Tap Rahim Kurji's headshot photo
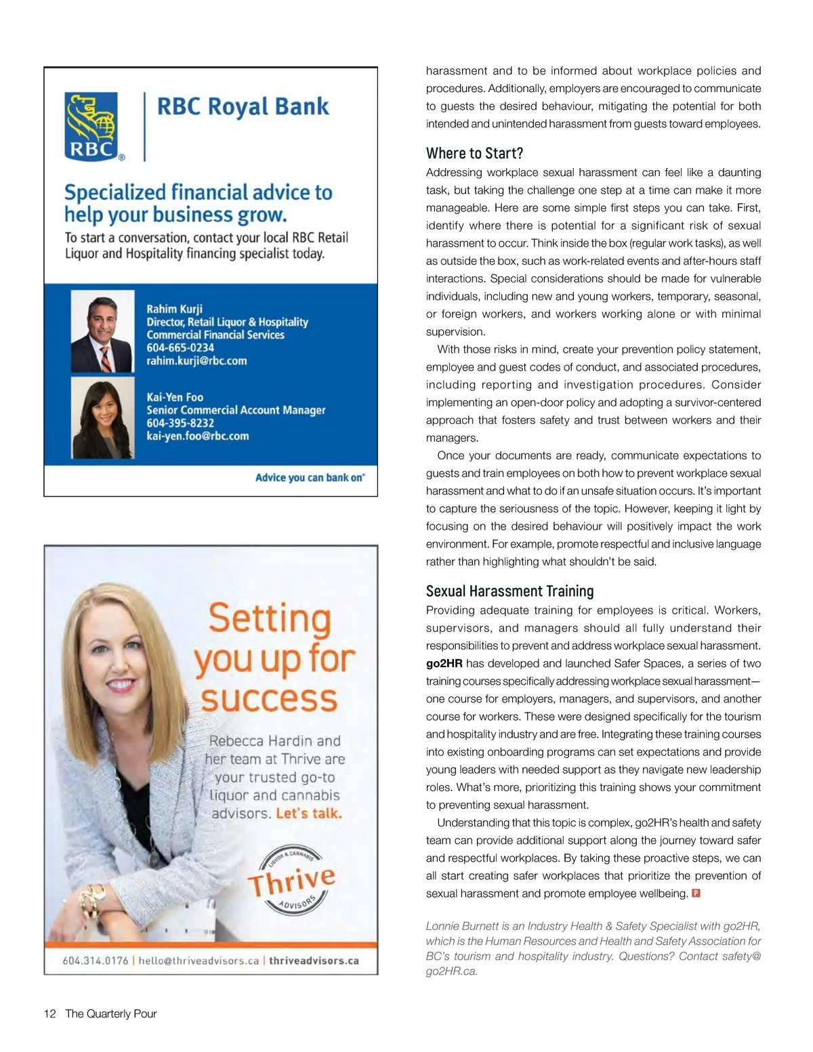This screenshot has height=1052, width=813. coord(103,332)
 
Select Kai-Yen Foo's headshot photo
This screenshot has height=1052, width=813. coord(103,418)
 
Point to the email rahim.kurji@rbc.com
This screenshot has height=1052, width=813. coord(196,360)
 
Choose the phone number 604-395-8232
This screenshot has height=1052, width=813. coord(180,423)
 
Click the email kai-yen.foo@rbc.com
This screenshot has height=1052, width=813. coord(198,436)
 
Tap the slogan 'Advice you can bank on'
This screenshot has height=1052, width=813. coord(310,478)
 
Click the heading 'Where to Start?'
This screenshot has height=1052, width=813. coord(474,153)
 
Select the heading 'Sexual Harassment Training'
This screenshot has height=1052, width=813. coord(509,591)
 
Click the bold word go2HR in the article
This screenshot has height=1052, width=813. coord(444,664)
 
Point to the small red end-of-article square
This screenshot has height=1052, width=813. coord(696,893)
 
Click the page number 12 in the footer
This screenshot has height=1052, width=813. coord(49,1014)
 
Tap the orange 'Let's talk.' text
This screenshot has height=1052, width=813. coord(308,814)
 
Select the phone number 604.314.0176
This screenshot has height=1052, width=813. coord(95,961)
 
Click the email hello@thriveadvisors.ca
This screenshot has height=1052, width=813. coord(199,961)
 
